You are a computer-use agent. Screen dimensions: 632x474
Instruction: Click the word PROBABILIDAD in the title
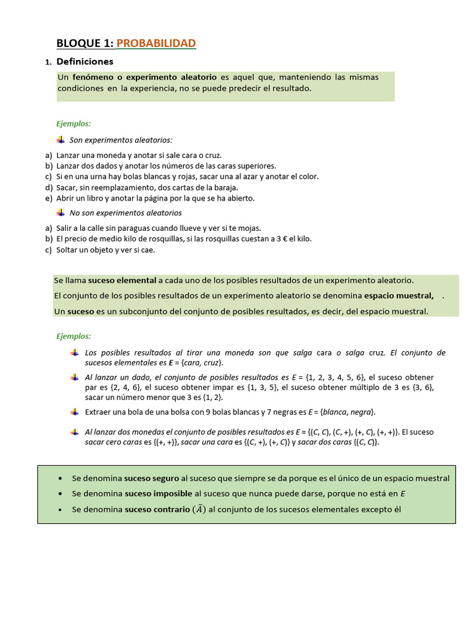(x=156, y=43)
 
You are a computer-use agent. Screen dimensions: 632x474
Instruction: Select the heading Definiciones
(x=85, y=62)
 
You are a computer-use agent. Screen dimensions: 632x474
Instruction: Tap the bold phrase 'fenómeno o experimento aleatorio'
(x=144, y=77)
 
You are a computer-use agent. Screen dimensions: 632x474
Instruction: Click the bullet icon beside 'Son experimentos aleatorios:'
(x=60, y=140)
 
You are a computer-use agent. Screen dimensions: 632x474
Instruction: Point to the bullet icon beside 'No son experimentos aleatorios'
(x=60, y=213)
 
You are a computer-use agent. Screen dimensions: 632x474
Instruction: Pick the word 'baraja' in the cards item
(x=225, y=187)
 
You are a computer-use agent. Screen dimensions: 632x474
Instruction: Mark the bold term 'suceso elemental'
(x=122, y=280)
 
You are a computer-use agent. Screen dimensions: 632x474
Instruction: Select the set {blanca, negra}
(x=343, y=412)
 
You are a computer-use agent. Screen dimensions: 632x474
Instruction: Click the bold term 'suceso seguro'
(x=151, y=478)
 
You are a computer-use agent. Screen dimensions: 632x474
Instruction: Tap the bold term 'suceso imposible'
(x=158, y=494)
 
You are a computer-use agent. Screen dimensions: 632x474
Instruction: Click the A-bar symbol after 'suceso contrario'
(x=199, y=509)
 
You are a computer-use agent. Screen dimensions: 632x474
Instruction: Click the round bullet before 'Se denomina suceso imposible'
(x=59, y=494)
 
